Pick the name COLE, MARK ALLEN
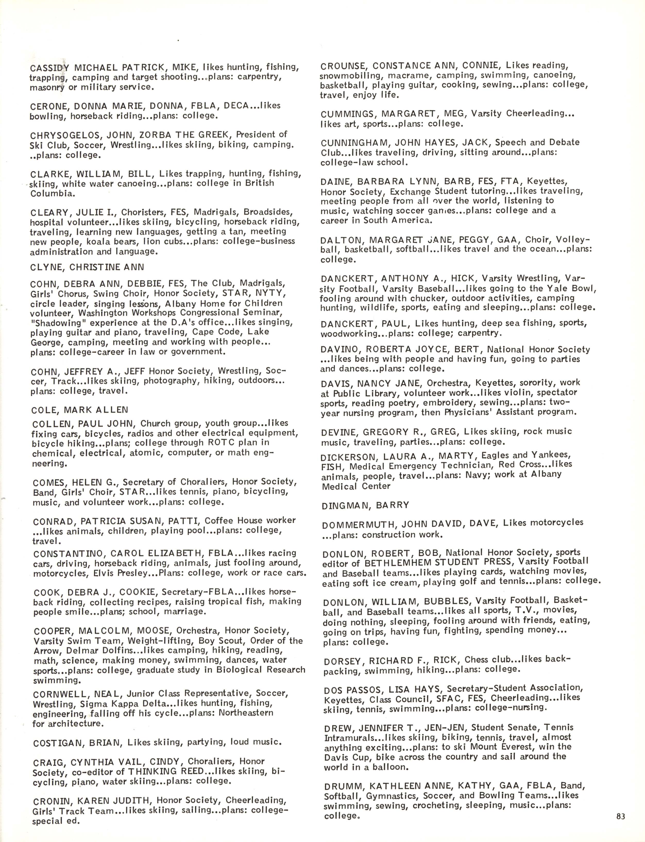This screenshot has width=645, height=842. tap(80, 410)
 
